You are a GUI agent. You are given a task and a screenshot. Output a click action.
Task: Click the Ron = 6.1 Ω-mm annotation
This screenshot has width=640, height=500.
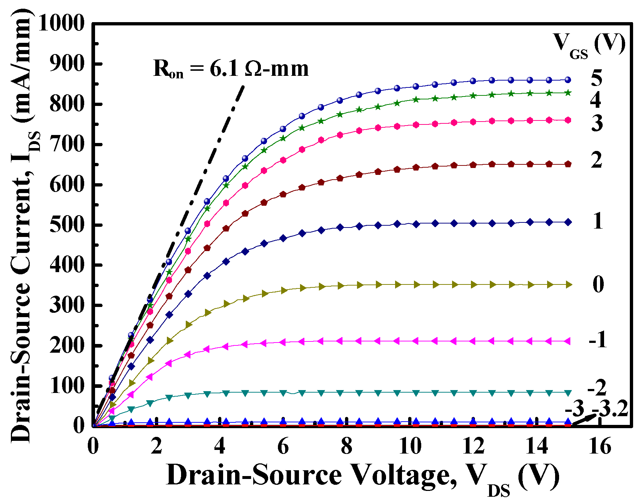[x=231, y=69]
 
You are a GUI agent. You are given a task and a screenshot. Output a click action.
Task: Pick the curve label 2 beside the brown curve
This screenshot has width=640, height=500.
[x=596, y=160]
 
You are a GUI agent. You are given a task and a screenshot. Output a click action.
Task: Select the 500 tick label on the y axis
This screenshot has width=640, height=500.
[x=67, y=225]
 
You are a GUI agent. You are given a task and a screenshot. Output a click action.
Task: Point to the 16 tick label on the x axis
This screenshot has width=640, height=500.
[x=600, y=446]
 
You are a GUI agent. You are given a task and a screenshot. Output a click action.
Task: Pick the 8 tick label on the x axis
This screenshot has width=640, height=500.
[x=346, y=446]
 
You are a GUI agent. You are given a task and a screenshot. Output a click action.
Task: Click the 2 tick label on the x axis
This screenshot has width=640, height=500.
[x=156, y=446]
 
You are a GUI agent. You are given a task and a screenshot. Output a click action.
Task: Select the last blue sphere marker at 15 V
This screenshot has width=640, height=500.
[x=568, y=80]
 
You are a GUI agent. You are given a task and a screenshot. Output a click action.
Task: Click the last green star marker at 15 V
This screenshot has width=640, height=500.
[x=568, y=93]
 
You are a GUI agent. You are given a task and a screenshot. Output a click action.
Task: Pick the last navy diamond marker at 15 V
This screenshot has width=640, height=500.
[x=568, y=222]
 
